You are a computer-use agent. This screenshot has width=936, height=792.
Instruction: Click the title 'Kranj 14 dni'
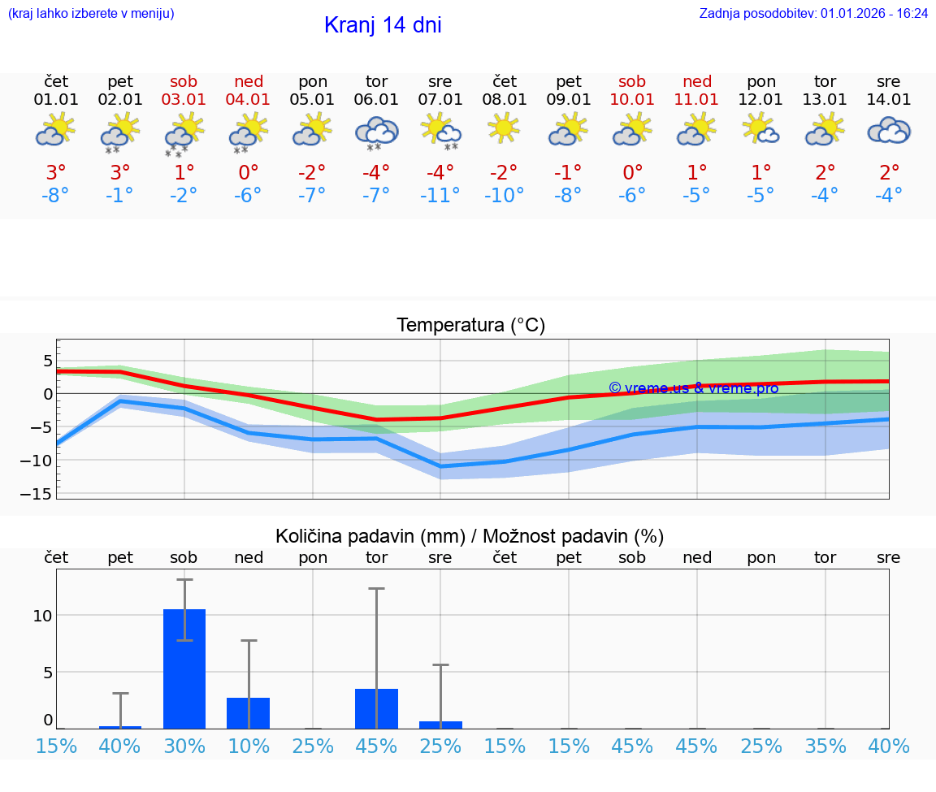tap(383, 25)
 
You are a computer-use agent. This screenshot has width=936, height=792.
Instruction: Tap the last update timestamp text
tap(813, 14)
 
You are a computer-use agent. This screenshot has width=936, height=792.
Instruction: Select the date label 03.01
tap(184, 100)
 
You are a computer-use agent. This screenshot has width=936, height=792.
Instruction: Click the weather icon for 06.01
tap(376, 132)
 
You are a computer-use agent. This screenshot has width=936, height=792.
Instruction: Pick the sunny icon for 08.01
tap(504, 128)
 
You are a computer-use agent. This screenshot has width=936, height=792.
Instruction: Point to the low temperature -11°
tap(440, 196)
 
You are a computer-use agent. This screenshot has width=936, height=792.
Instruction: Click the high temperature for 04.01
tap(249, 172)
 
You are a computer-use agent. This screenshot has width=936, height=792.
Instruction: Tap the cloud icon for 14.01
tap(889, 130)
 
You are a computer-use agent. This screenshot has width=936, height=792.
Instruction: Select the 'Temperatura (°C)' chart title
tap(470, 326)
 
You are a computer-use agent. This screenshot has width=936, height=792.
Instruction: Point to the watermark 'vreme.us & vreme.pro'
tap(693, 388)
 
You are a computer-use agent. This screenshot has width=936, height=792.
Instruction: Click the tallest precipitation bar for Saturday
tap(184, 669)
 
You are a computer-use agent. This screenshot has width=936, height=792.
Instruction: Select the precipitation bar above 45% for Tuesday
tap(376, 708)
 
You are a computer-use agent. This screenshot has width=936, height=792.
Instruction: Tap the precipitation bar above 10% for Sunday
tap(249, 712)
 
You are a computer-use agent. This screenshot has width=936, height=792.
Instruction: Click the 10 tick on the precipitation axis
tap(42, 616)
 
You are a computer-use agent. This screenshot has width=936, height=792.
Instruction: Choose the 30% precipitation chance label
tap(184, 746)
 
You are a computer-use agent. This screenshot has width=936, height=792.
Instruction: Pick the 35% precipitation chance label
tap(825, 746)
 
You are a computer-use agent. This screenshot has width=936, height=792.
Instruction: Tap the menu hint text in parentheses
tap(91, 14)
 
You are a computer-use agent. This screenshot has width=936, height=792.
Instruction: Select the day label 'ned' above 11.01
tap(697, 81)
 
